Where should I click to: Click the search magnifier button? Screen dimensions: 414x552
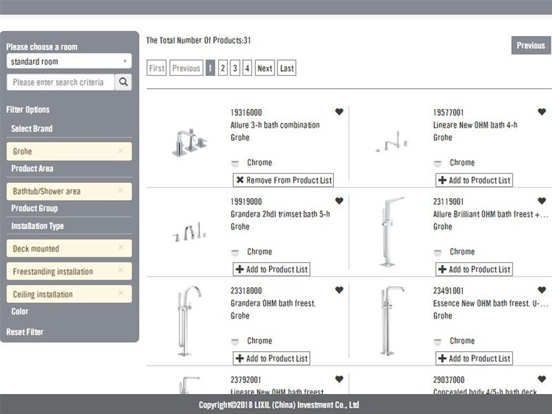pos(123,82)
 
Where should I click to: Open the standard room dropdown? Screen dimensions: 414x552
pos(69,61)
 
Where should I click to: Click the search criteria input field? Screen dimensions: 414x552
pos(59,82)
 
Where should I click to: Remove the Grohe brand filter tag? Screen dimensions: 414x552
pos(121,151)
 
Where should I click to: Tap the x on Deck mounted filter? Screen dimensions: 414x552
pos(121,248)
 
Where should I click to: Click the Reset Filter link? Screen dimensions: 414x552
pos(25,332)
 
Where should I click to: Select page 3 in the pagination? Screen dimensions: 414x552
pos(235,68)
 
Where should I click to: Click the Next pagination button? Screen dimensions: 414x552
pos(264,68)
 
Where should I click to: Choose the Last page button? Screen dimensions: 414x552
pos(287,68)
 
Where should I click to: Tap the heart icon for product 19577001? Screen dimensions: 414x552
pos(542,112)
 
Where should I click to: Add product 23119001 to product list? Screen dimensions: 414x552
pos(473,269)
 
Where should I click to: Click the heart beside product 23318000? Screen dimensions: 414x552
pos(339,290)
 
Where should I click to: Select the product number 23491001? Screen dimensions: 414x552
pos(448,290)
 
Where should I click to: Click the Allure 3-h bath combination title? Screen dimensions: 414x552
pos(275,125)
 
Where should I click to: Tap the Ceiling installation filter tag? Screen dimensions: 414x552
pos(62,295)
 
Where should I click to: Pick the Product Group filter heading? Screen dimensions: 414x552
pos(34,208)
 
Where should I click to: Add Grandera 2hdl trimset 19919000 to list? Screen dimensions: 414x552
pos(271,269)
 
